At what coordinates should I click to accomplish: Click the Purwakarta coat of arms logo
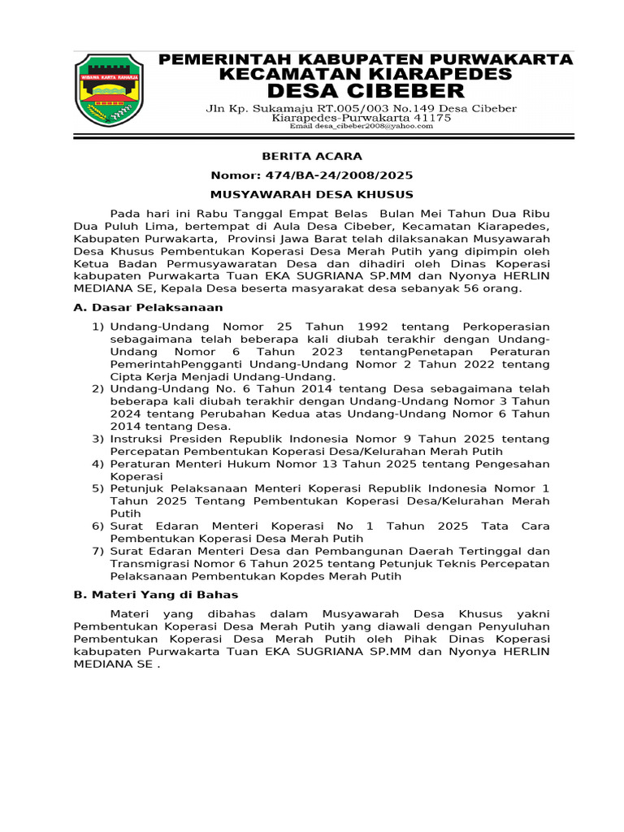coord(109,90)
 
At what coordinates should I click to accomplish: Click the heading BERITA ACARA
coord(311,156)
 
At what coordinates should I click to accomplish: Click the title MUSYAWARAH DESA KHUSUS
coord(311,195)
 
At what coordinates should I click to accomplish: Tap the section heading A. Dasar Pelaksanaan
coord(148,308)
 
